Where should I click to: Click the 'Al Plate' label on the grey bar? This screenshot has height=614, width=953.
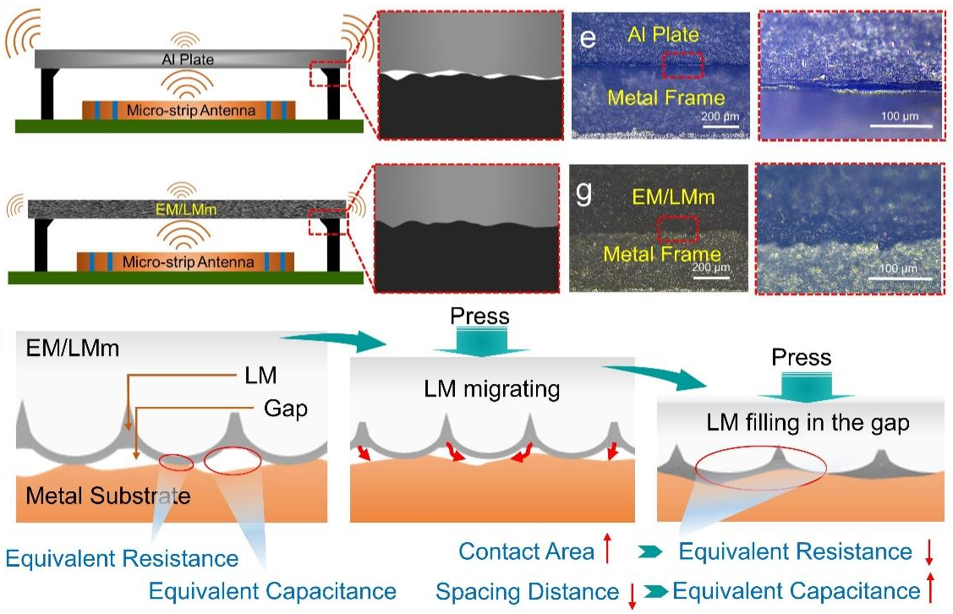click(x=188, y=59)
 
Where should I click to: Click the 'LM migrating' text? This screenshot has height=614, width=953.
click(x=493, y=389)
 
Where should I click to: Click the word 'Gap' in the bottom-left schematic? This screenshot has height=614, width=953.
click(x=284, y=409)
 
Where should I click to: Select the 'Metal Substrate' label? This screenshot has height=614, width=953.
click(x=108, y=495)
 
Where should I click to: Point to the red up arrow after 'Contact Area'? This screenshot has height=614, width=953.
click(x=606, y=551)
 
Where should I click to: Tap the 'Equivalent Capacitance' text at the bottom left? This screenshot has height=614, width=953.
click(x=272, y=589)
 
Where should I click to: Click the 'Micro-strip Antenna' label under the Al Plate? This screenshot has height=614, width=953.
click(x=189, y=111)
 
